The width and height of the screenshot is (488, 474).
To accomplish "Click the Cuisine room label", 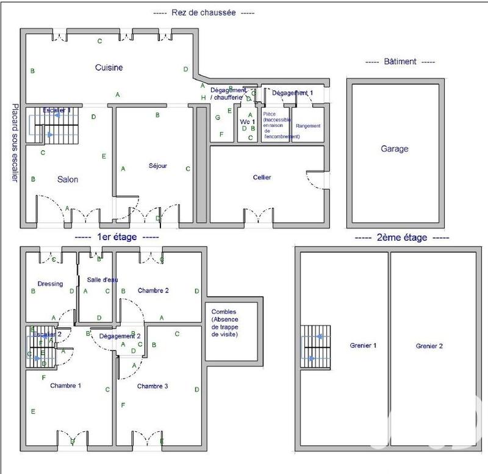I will (x=109, y=68).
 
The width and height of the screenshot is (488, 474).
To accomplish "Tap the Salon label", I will (x=68, y=180).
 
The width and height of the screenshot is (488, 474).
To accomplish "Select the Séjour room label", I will (x=157, y=166).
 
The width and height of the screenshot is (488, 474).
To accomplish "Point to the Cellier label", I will (x=262, y=178).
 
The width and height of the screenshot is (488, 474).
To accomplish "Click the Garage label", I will (x=394, y=148).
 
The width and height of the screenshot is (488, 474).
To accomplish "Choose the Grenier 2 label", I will (x=429, y=346).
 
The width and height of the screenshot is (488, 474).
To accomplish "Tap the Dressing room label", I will (x=50, y=283).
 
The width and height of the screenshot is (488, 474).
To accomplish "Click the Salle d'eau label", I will (x=102, y=280).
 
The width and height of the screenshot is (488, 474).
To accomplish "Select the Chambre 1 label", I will (x=66, y=385).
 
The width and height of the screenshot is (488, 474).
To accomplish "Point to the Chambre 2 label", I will (x=153, y=290).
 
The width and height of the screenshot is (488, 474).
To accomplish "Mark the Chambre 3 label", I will (x=153, y=386).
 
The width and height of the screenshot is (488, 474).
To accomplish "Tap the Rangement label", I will (x=307, y=126).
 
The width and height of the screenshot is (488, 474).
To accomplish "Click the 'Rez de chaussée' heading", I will (x=203, y=12).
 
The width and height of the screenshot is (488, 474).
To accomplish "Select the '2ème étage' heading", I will (x=402, y=238).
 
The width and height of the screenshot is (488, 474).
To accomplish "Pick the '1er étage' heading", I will (x=116, y=238).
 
